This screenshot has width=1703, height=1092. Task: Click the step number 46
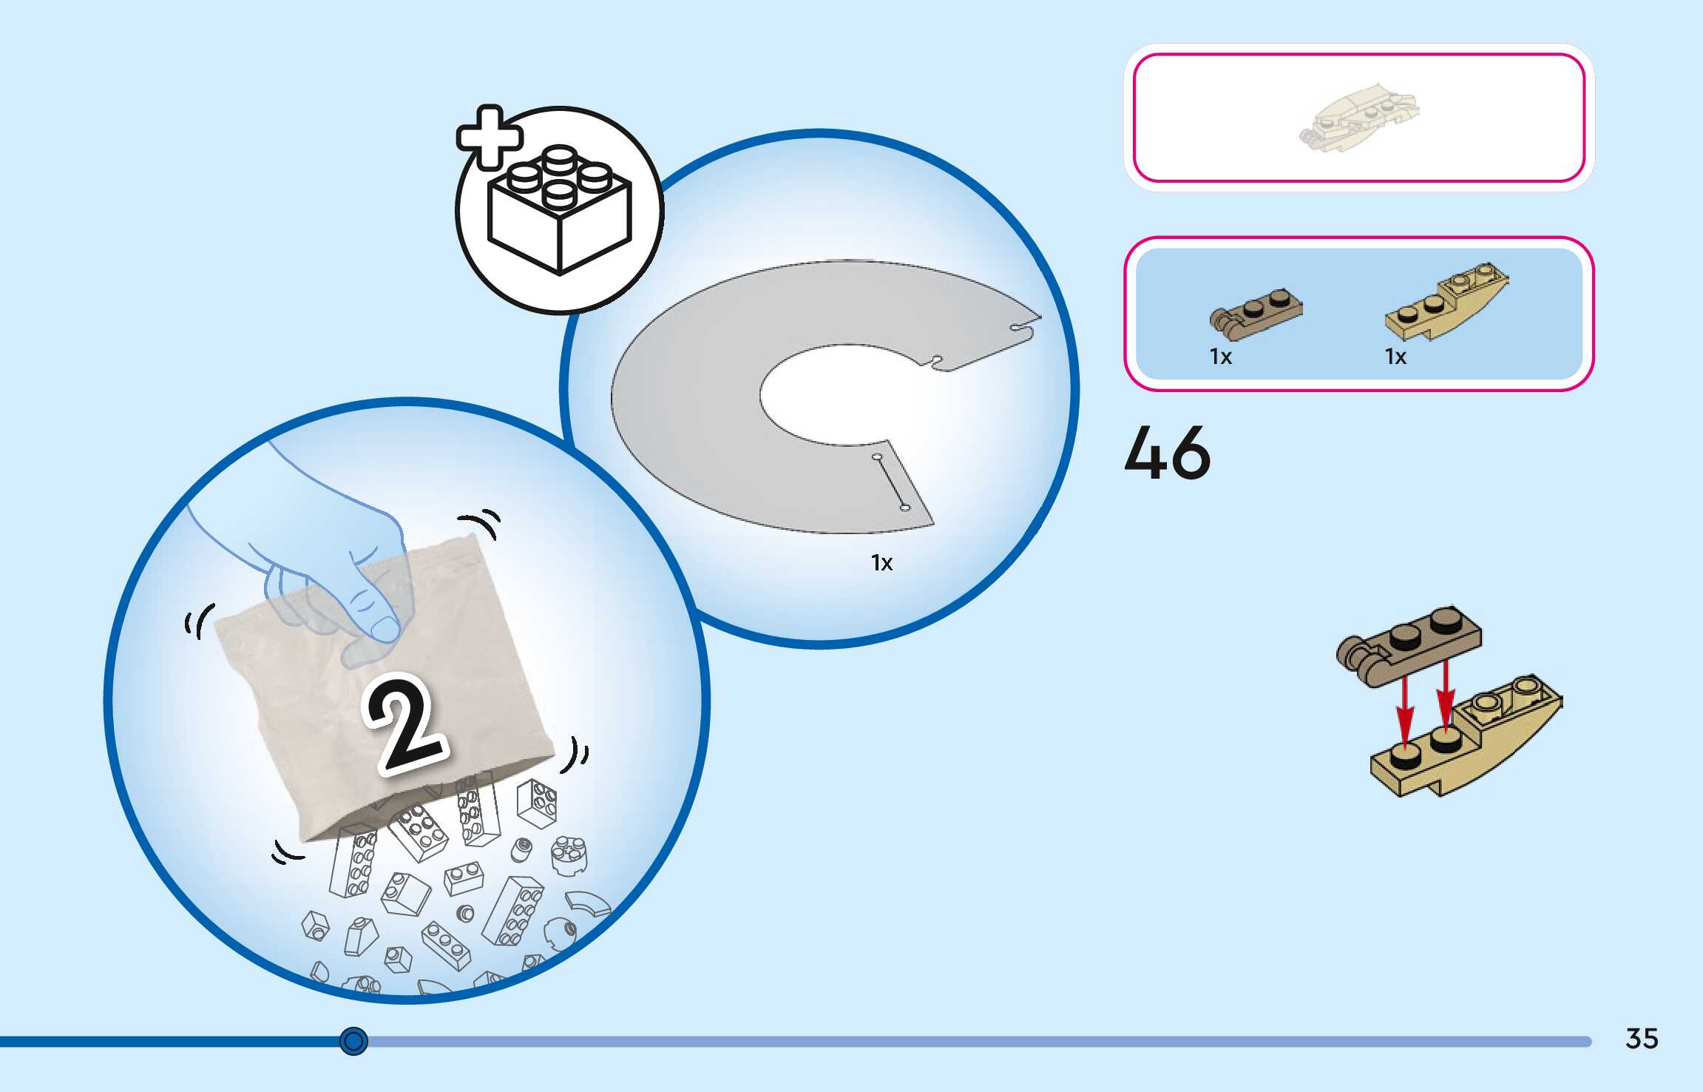[1167, 453]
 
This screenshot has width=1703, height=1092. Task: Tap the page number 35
[1642, 1039]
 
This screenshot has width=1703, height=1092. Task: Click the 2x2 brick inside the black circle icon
[560, 211]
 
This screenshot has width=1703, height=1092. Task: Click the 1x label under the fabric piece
[881, 563]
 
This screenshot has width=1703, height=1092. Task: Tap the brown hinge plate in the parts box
[1256, 314]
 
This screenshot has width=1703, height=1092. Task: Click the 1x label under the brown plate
[1221, 357]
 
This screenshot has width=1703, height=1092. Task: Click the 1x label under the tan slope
[1395, 357]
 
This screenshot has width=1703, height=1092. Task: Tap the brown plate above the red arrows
[1409, 644]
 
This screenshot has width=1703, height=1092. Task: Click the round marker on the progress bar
[353, 1041]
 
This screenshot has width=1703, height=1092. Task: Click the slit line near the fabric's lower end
[891, 482]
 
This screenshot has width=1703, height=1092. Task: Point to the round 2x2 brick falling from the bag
[569, 855]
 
